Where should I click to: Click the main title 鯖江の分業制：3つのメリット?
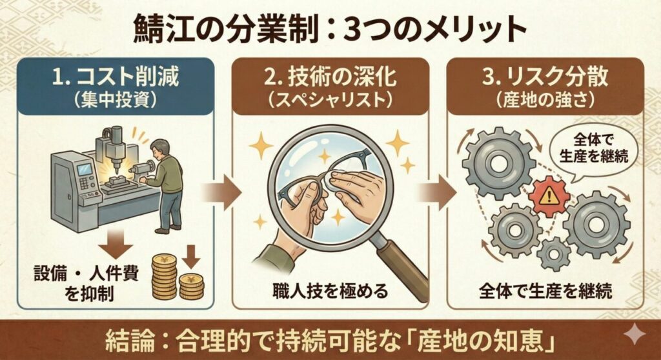click(x=330, y=29)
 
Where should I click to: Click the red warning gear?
click(x=547, y=196)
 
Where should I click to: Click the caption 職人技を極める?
click(x=330, y=291)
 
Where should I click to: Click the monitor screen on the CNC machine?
click(x=85, y=170)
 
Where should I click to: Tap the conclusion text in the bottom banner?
click(x=330, y=339)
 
